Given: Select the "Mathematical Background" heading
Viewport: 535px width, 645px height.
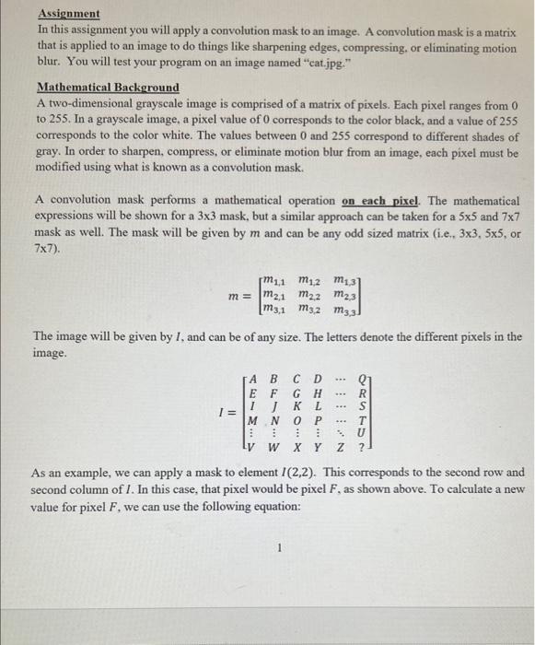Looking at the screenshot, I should [x=108, y=88].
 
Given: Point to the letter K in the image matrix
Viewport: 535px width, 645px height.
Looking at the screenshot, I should [x=297, y=405].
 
